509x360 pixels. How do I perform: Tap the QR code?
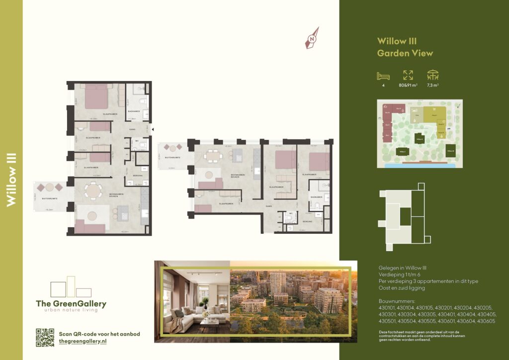(x=45, y=338)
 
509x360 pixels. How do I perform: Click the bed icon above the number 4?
(x=383, y=76)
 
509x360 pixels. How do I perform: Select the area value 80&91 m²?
(x=408, y=85)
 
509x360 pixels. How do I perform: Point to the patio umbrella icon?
(x=433, y=75)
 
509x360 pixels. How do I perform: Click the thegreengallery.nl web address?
(x=83, y=342)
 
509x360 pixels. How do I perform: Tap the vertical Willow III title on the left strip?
(x=11, y=180)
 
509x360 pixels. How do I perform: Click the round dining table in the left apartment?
(x=92, y=190)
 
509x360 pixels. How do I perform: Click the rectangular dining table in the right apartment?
(x=213, y=155)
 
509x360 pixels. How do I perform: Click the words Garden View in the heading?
(x=405, y=53)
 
